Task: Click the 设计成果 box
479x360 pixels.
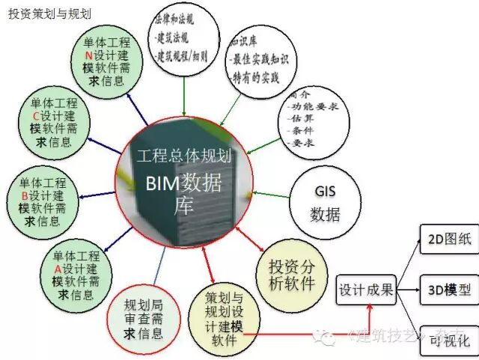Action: tap(366, 289)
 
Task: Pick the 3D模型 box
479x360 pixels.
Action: tap(447, 289)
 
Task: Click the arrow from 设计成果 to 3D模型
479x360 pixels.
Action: tap(407, 289)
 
